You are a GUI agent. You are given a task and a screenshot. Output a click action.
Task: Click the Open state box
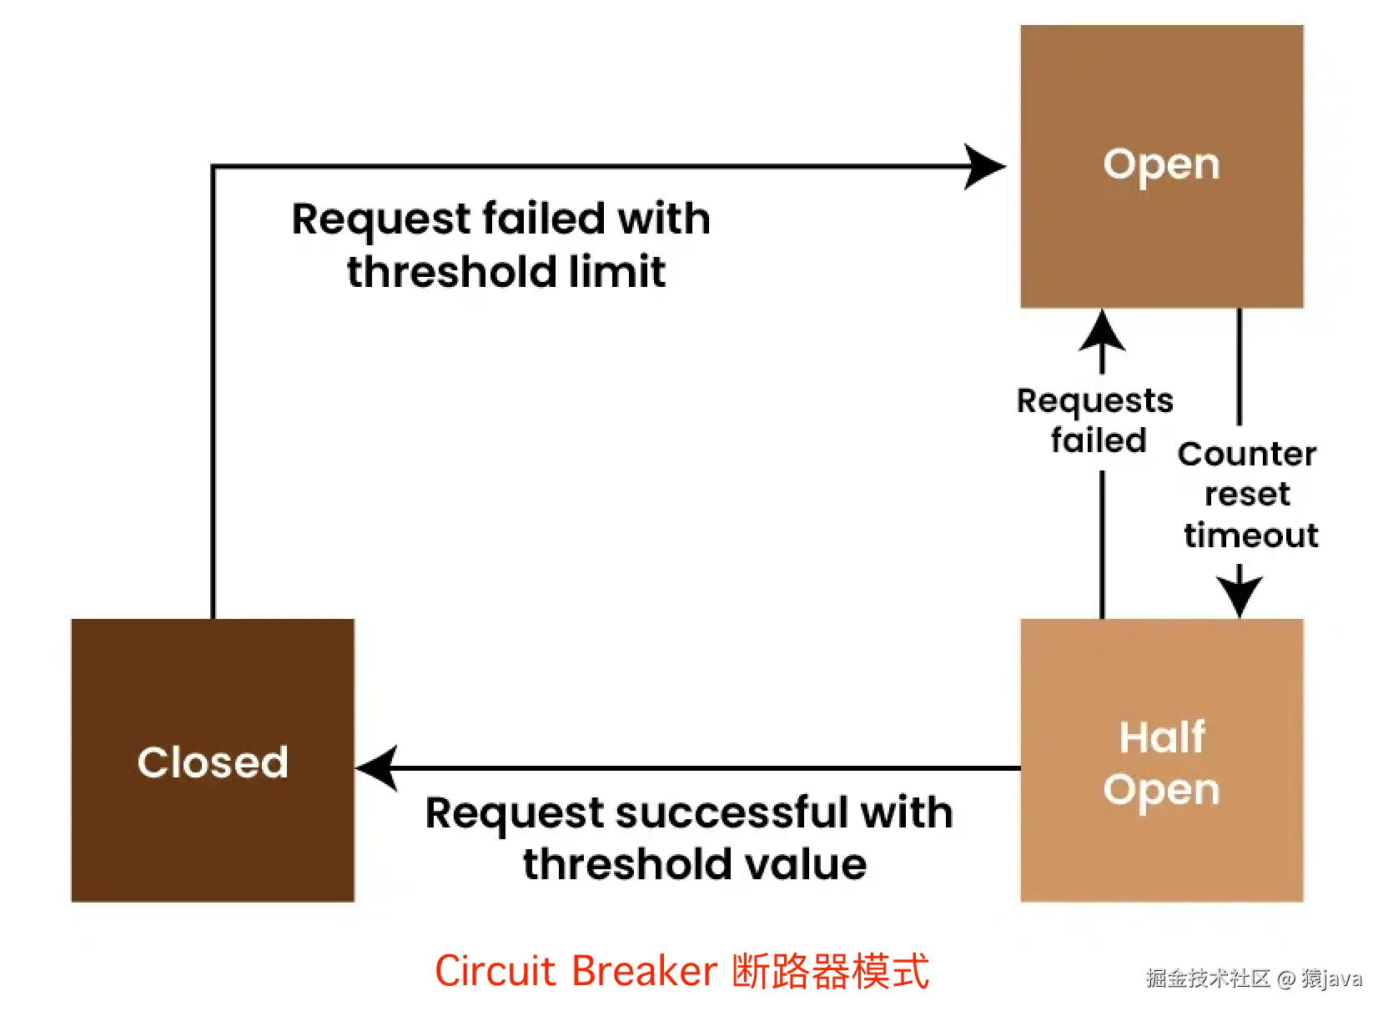pyautogui.click(x=1161, y=166)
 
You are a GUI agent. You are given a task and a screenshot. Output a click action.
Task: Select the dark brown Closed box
pyautogui.click(x=213, y=760)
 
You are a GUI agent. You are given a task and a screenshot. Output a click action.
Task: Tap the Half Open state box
pyautogui.click(x=1161, y=760)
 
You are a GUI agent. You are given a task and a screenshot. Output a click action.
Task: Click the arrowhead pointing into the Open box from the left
pyautogui.click(x=984, y=167)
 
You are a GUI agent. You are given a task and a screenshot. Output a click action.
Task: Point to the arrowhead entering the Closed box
pyautogui.click(x=377, y=767)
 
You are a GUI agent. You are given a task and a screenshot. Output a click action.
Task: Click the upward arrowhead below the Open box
pyautogui.click(x=1102, y=331)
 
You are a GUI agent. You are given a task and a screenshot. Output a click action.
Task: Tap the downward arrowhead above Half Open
pyautogui.click(x=1239, y=595)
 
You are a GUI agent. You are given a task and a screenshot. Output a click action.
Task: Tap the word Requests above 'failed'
pyautogui.click(x=1094, y=401)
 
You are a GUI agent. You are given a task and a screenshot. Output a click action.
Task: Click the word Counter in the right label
pyautogui.click(x=1246, y=455)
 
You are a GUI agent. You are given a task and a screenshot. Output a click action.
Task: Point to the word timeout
pyautogui.click(x=1250, y=535)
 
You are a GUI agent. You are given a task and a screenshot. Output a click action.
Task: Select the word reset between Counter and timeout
pyautogui.click(x=1247, y=495)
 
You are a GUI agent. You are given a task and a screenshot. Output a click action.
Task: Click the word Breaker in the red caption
pyautogui.click(x=644, y=971)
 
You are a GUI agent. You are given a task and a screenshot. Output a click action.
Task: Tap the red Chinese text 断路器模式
pyautogui.click(x=830, y=971)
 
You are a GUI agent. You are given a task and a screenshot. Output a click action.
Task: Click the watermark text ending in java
pyautogui.click(x=1253, y=978)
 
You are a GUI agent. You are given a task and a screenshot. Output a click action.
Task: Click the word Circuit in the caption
pyautogui.click(x=495, y=971)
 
